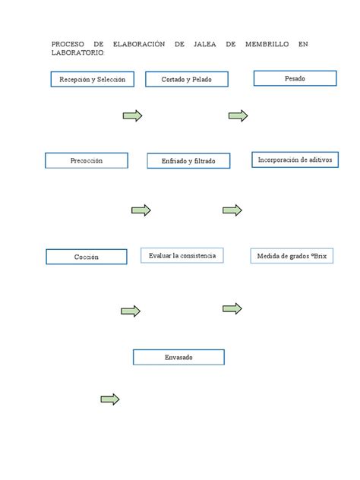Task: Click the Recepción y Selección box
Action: click(92, 79)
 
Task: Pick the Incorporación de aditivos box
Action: click(295, 159)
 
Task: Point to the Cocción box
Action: click(86, 257)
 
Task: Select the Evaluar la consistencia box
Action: click(182, 256)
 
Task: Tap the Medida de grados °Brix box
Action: click(292, 256)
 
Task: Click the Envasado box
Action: click(178, 357)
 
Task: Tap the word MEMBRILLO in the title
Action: click(266, 45)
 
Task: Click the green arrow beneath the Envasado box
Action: click(110, 399)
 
